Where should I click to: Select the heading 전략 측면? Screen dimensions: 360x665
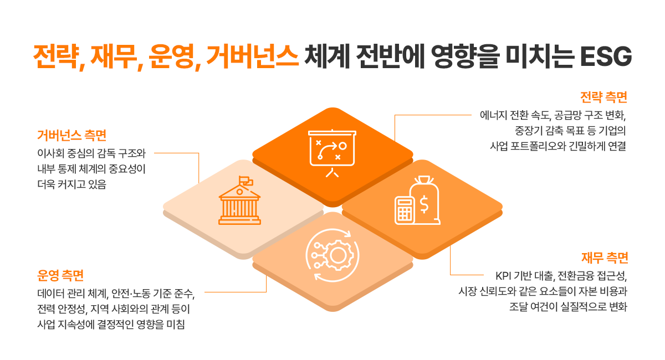pos(603,98)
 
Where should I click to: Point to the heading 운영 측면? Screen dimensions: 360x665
pos(60,275)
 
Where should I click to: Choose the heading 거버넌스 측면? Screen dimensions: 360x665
pos(71,135)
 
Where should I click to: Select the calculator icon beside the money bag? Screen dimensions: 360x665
pos(404,210)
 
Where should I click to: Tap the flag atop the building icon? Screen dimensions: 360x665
pos(245,181)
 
